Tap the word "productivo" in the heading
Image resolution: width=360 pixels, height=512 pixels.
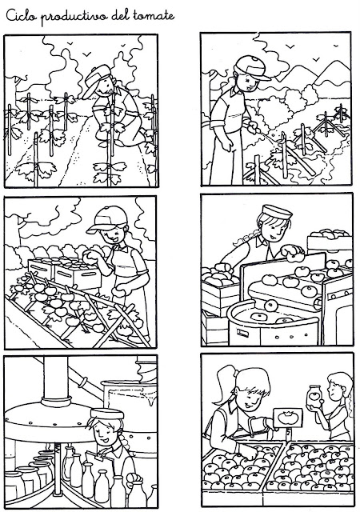[74, 17]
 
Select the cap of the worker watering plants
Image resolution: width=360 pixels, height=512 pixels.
[252, 67]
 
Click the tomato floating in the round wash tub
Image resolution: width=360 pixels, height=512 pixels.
[258, 316]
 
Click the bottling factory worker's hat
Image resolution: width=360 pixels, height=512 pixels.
[107, 414]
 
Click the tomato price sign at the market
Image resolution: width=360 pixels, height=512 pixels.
[287, 418]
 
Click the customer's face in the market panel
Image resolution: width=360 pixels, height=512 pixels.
[334, 390]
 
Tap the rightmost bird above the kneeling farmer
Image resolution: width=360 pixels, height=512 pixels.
[123, 45]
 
